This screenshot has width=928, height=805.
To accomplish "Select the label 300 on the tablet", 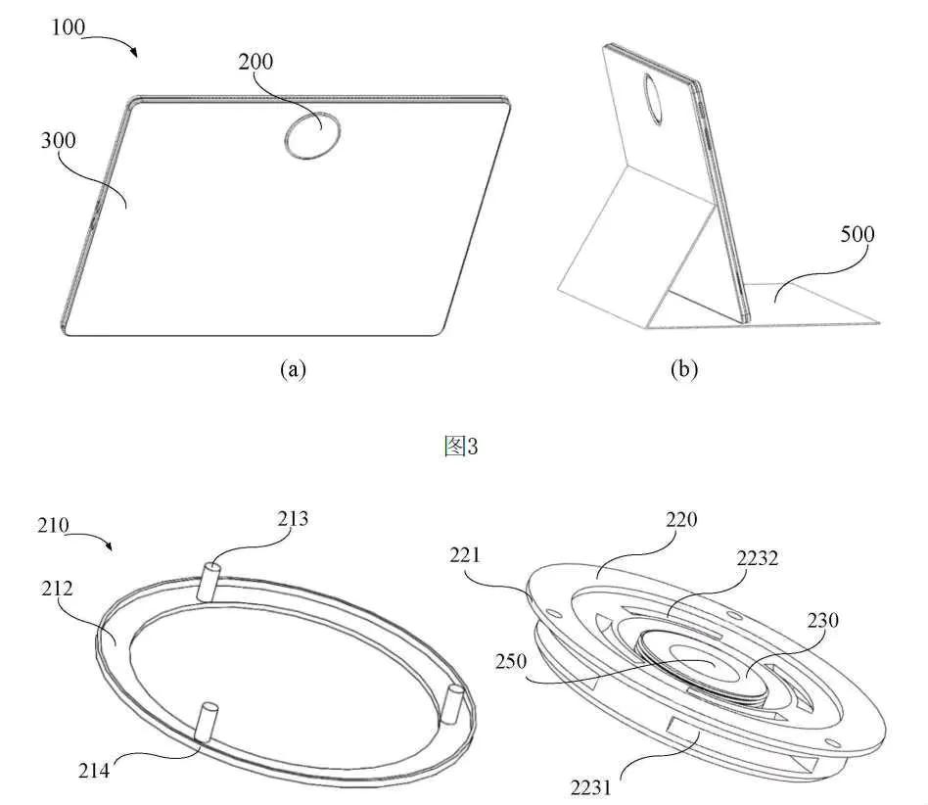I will (61, 140).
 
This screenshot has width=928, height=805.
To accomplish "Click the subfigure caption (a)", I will (294, 369).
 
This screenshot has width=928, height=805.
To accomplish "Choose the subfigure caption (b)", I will (683, 369).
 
